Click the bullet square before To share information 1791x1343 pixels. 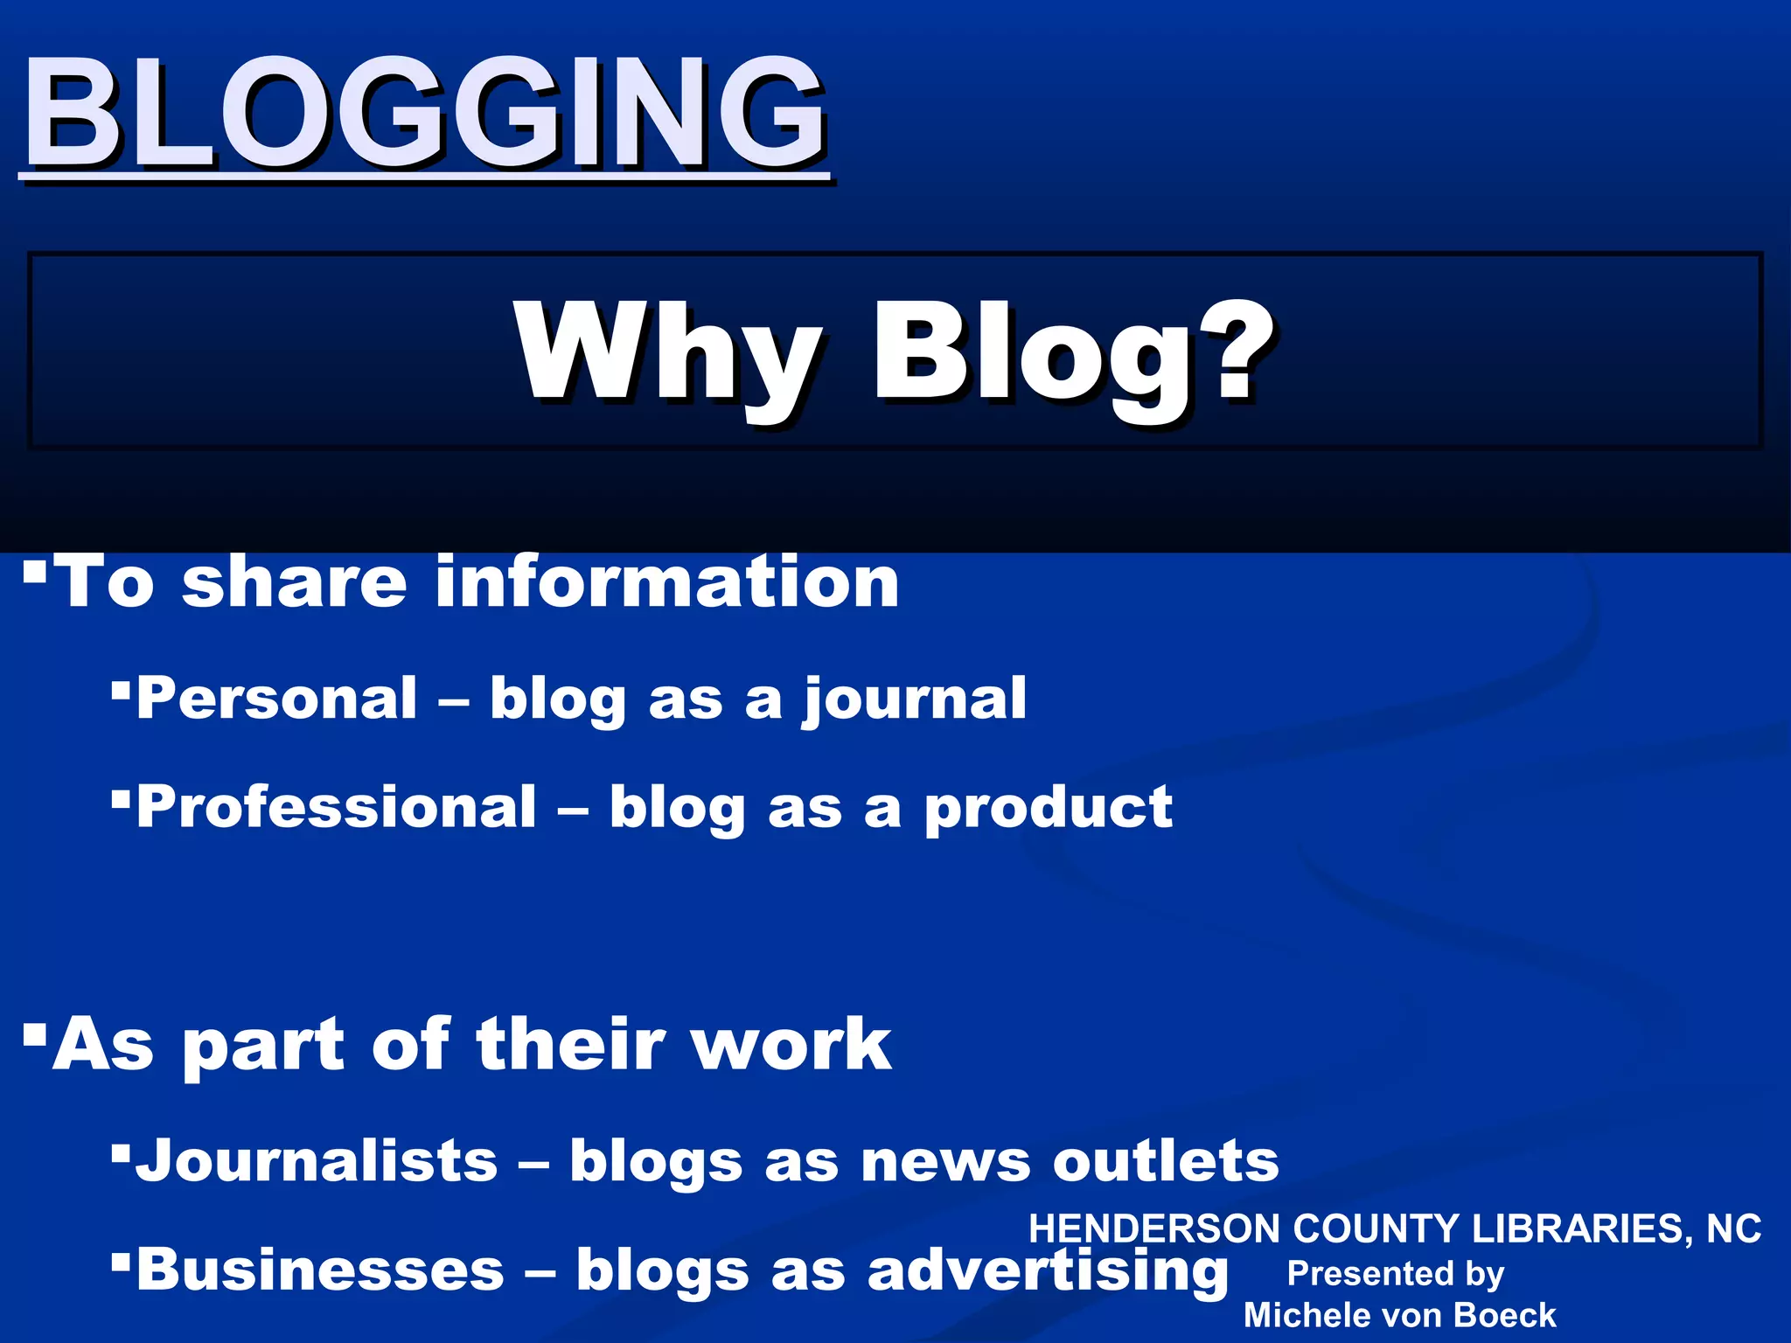point(35,573)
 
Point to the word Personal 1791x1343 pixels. point(276,699)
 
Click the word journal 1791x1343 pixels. point(915,700)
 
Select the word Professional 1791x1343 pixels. point(337,806)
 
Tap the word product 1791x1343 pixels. point(1048,808)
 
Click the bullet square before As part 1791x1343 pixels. point(35,1035)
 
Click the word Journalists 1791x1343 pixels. point(317,1161)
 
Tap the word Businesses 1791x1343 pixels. point(320,1270)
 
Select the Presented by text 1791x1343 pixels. point(1395,1274)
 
